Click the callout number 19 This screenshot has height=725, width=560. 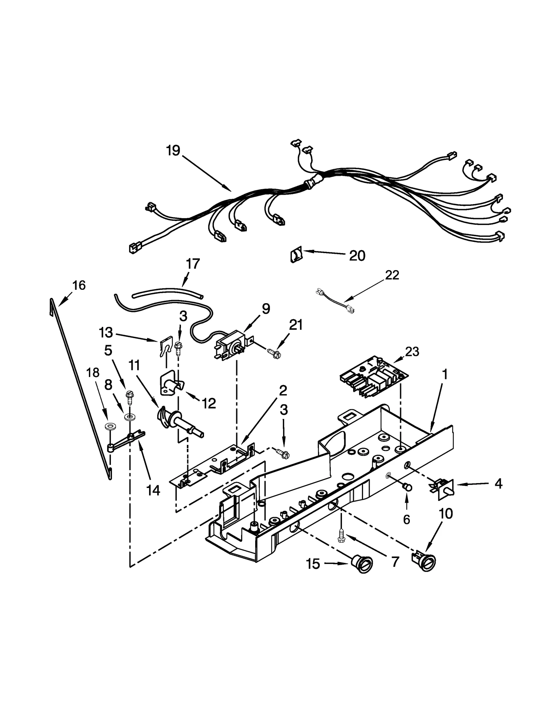coord(173,151)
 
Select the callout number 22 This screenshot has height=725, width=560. coord(392,275)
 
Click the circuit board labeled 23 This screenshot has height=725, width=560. coord(374,378)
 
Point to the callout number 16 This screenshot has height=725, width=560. coord(79,285)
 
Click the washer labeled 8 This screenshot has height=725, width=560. coord(130,417)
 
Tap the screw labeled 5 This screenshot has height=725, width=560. coord(129,396)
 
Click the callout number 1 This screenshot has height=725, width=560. coord(445,375)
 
